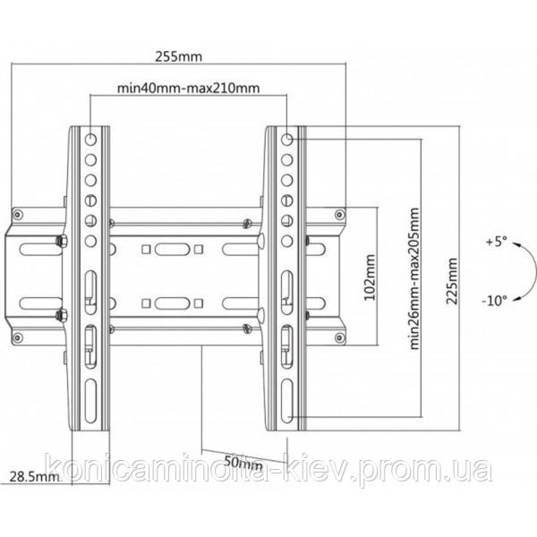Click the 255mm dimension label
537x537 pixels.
tap(179, 57)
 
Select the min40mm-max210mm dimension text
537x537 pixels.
tap(188, 89)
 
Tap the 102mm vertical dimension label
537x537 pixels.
tap(370, 277)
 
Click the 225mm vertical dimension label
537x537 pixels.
tap(452, 281)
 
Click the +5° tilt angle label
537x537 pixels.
tap(496, 242)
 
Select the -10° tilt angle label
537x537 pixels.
tap(494, 301)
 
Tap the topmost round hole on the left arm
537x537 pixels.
tap(90, 139)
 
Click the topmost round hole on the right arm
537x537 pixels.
tap(287, 139)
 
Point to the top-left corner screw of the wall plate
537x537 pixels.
tap(18, 214)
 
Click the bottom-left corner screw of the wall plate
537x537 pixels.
tap(18, 338)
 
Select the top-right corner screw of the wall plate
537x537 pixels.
tap(339, 214)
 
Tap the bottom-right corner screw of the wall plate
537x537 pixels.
tap(339, 338)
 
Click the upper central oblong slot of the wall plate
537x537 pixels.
tap(172, 249)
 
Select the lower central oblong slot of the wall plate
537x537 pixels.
tap(172, 303)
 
